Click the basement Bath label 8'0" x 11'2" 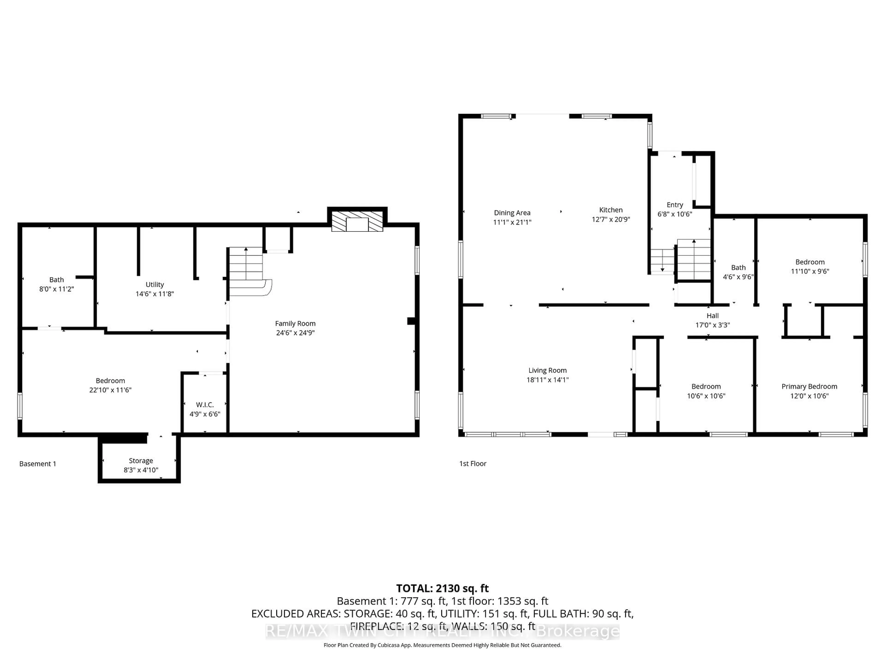(x=56, y=284)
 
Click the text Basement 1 (x=38, y=464)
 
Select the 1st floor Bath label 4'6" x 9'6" (x=738, y=272)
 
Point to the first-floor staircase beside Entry (x=693, y=260)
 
